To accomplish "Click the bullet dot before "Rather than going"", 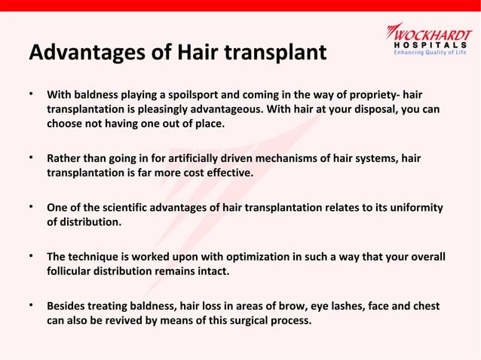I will click(30, 157).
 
